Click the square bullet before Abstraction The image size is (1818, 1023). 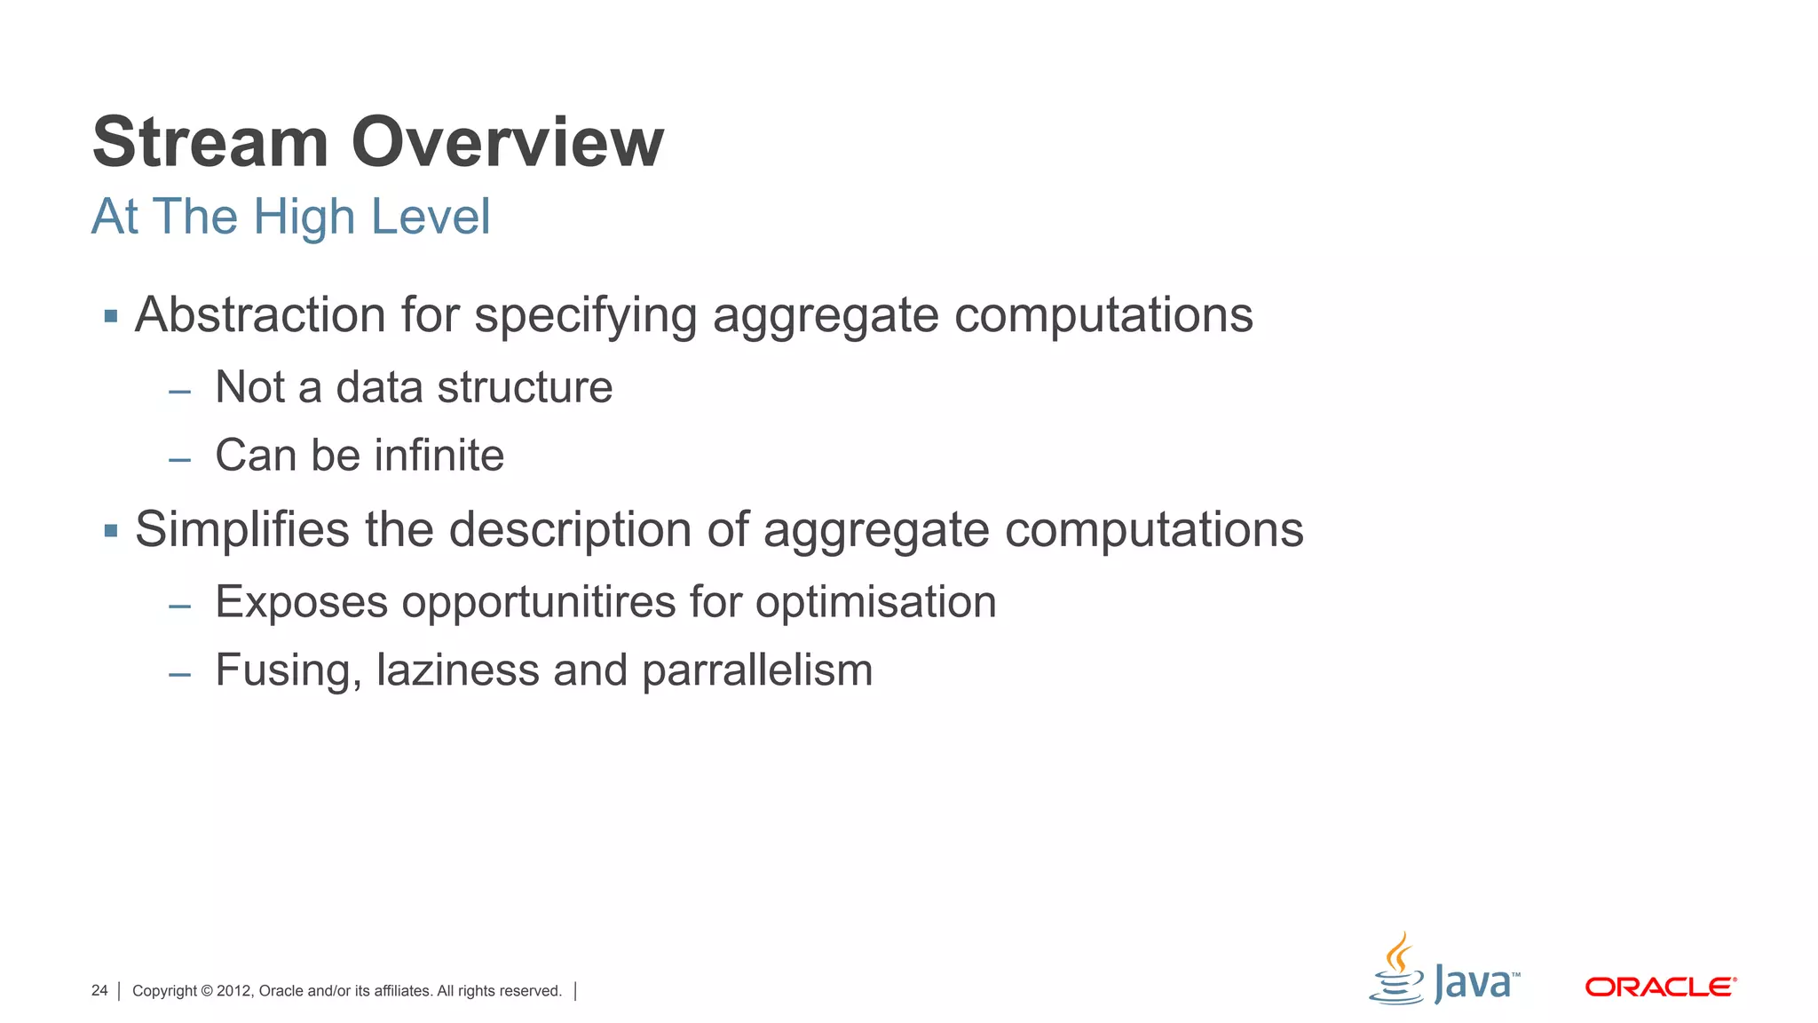[x=111, y=316]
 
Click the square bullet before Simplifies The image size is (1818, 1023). [x=111, y=531]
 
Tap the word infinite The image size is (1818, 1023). [x=439, y=456]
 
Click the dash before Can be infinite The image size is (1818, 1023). [x=180, y=460]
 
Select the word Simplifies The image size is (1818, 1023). [x=242, y=530]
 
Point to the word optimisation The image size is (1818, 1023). [x=875, y=602]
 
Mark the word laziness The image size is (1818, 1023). [x=457, y=670]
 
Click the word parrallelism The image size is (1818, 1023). [x=757, y=671]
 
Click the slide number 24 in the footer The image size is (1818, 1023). [x=99, y=990]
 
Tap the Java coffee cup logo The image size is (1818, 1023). [x=1397, y=970]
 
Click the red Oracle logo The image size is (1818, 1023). [x=1660, y=987]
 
